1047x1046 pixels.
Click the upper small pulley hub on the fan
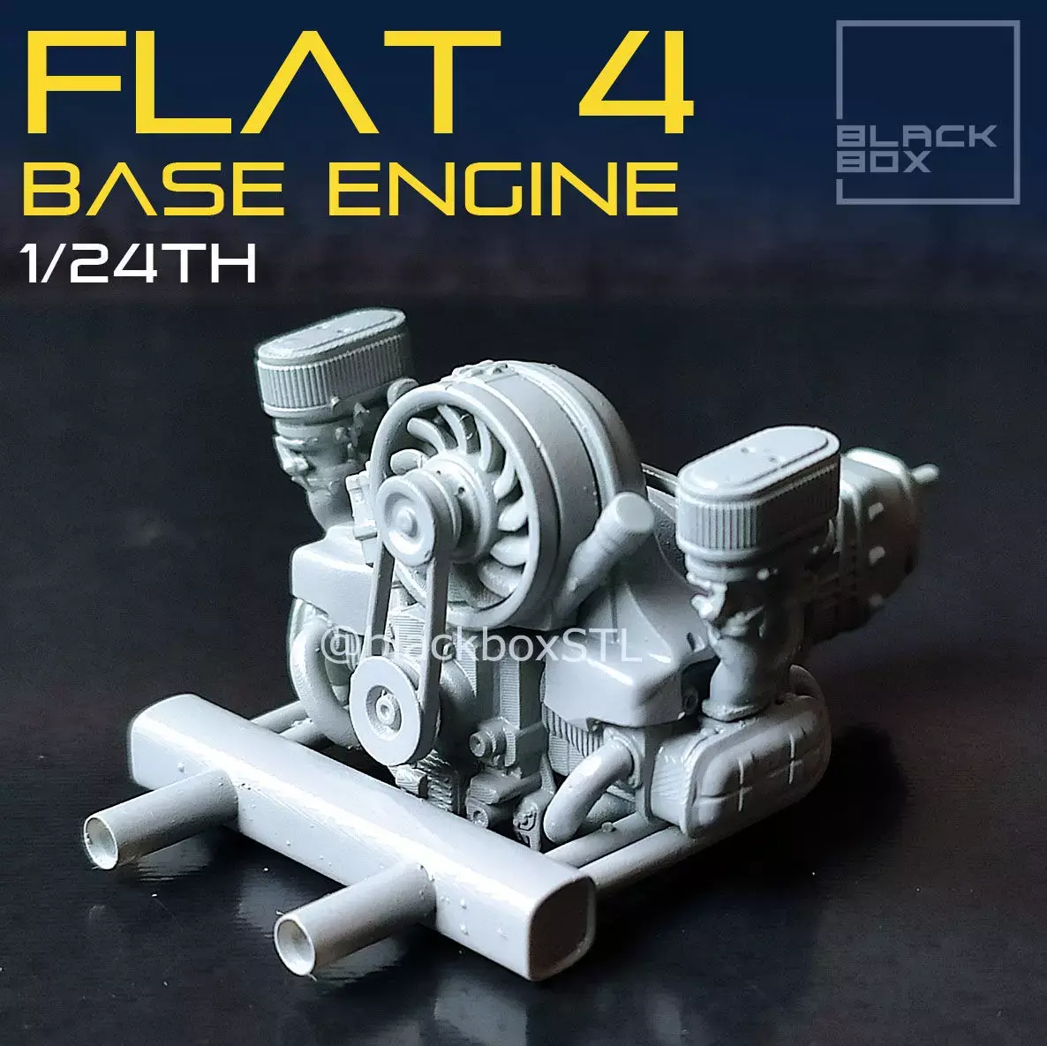pos(409,511)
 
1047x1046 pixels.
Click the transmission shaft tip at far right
pos(927,472)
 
